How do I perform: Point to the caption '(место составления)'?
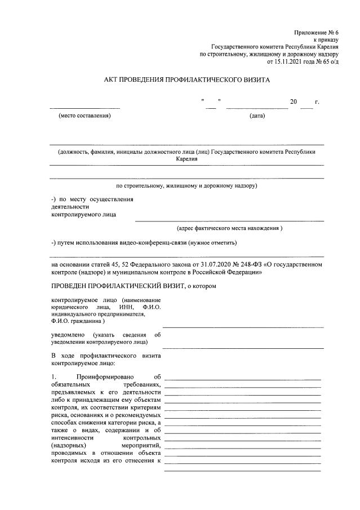(85, 116)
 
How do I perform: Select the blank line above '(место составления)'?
(85, 107)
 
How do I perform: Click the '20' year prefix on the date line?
(293, 102)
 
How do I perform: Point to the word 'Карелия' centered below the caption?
(186, 159)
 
